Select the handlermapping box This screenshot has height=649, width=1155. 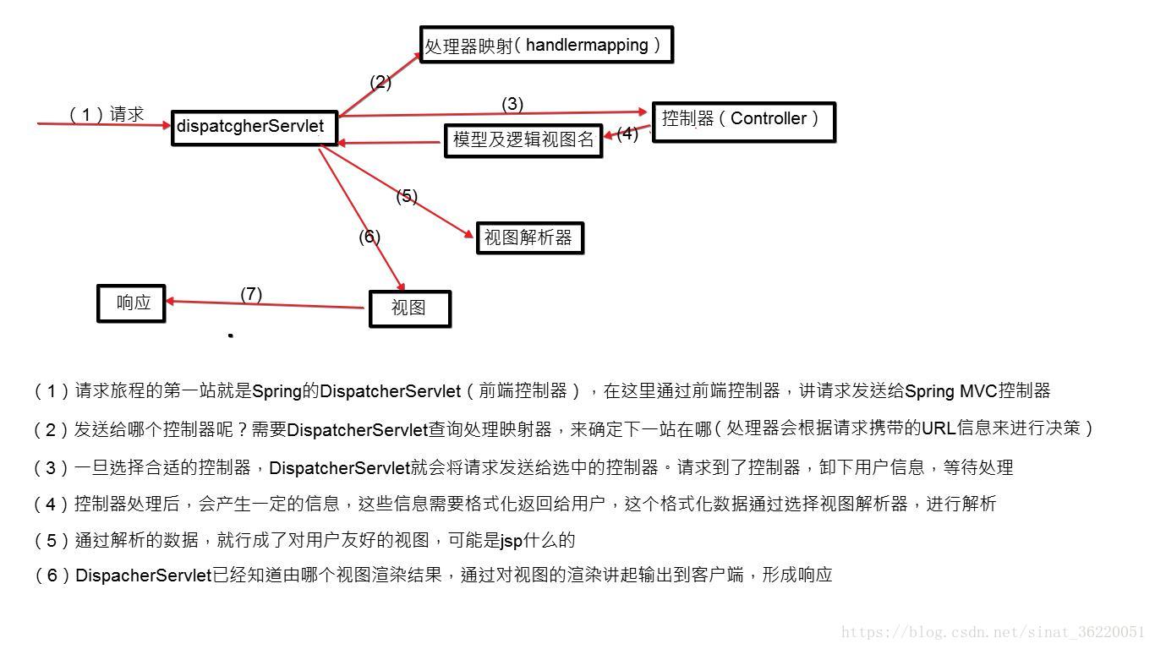point(546,45)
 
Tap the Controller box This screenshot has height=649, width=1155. point(743,121)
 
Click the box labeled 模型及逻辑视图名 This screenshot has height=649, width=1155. point(523,140)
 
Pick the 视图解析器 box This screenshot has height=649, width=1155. point(529,237)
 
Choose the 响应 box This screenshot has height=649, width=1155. point(131,303)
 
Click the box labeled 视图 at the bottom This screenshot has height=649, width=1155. point(409,308)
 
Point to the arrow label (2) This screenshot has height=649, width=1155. point(380,82)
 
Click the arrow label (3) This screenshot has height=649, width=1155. point(512,104)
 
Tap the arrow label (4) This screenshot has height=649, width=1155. point(627,134)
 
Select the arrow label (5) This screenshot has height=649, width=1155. point(407,196)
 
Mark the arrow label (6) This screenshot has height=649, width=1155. point(369,237)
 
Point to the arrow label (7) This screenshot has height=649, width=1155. point(251,294)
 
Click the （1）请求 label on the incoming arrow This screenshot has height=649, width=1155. point(107,114)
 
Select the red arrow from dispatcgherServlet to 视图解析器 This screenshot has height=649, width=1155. point(397,192)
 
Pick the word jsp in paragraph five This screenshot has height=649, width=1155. point(512,541)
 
